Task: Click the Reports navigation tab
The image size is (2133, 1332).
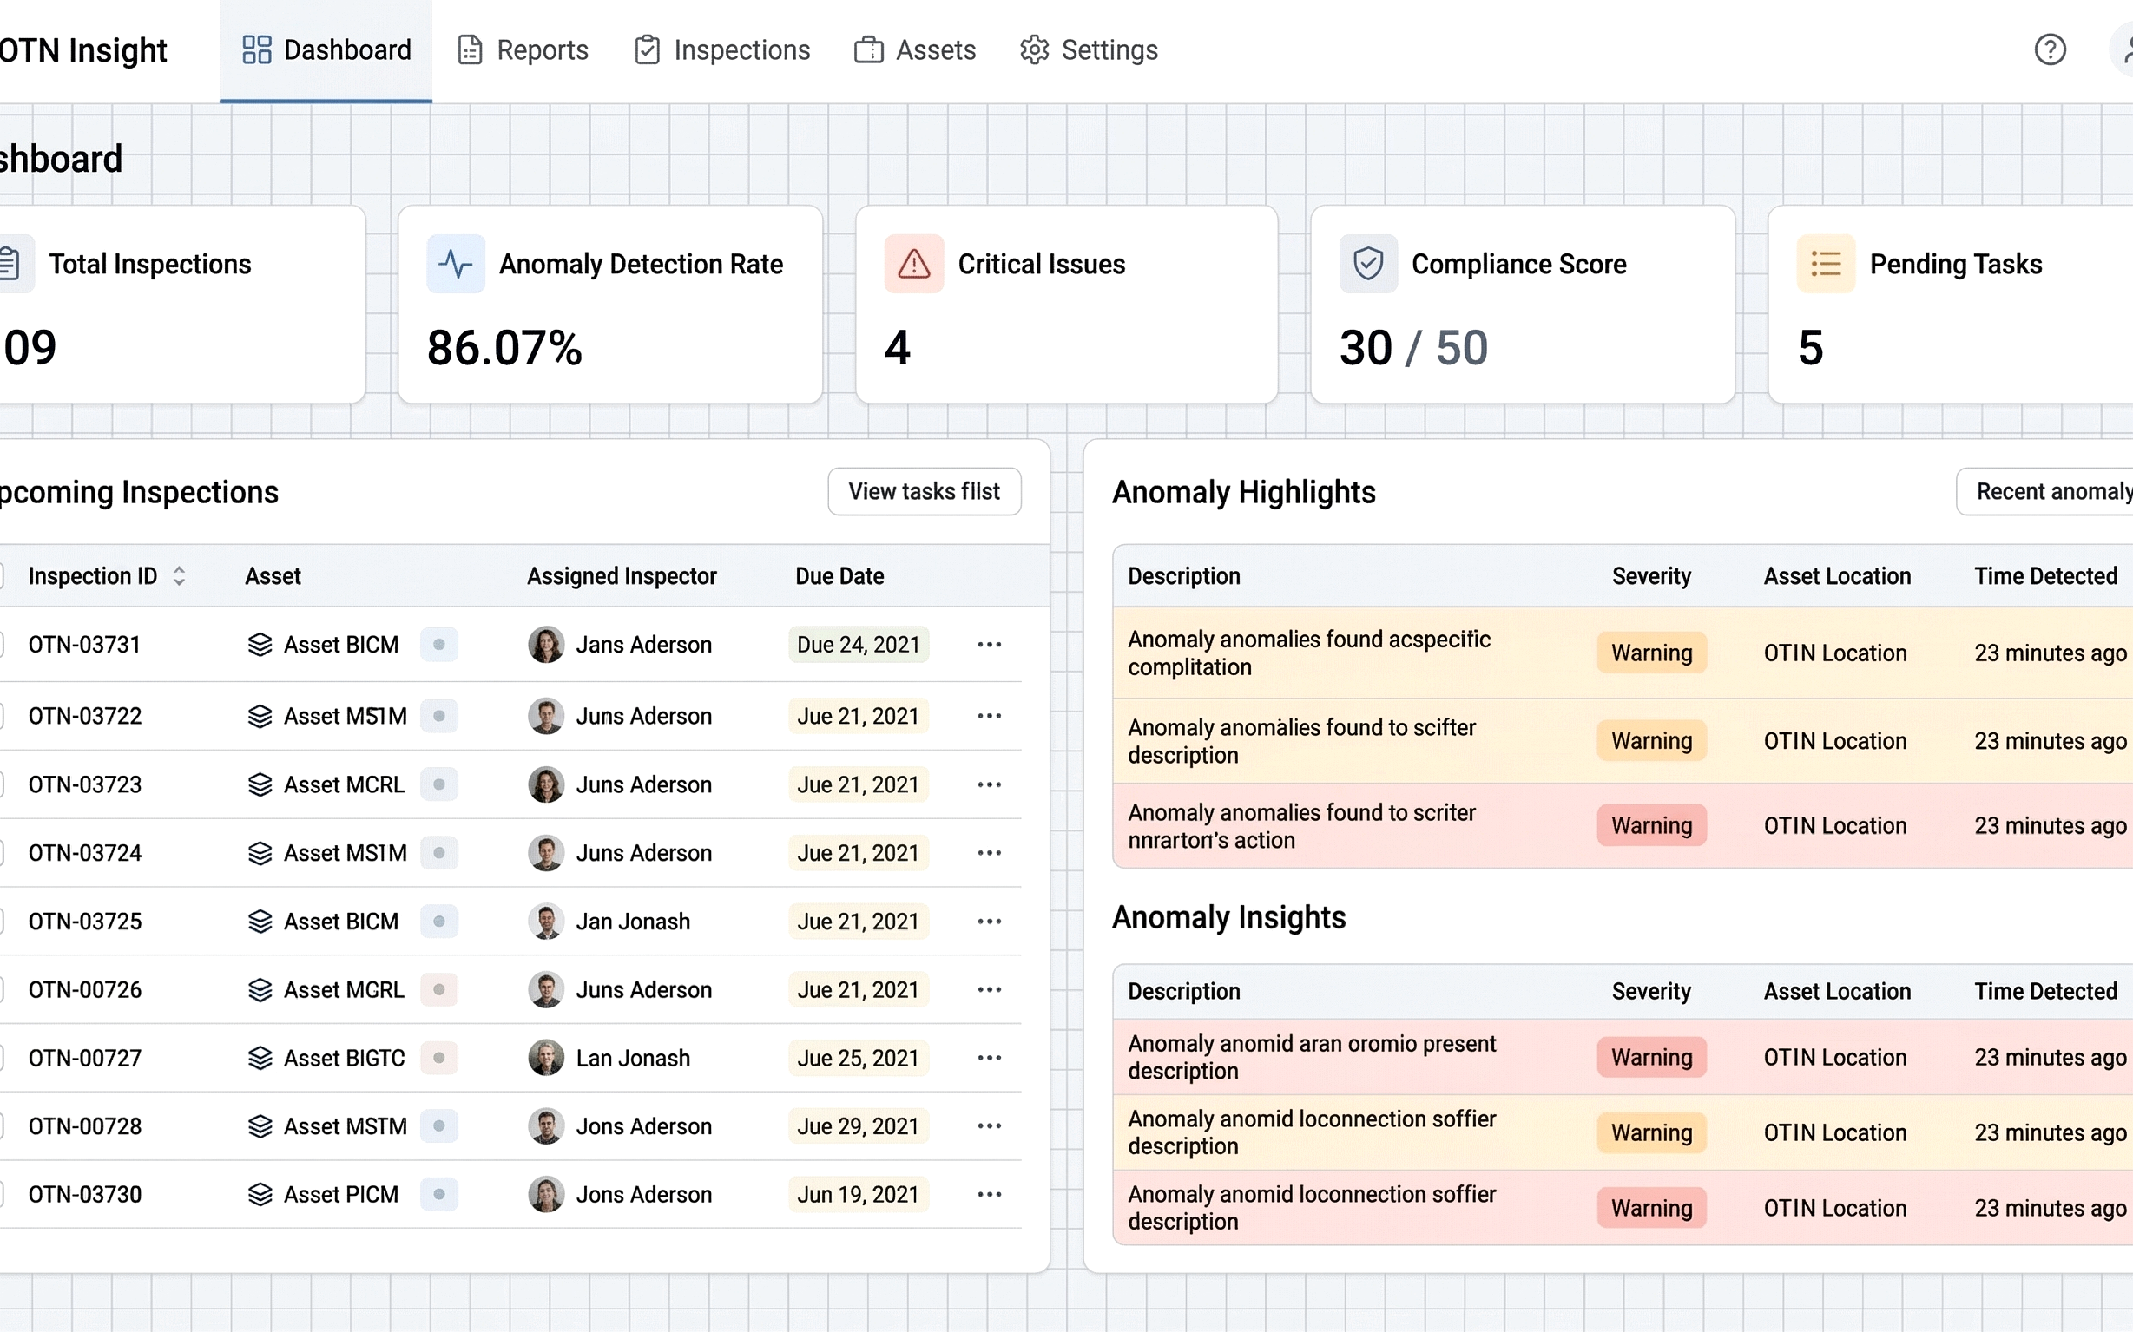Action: click(523, 50)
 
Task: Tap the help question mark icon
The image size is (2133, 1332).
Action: click(2050, 49)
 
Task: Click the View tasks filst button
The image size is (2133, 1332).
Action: click(924, 491)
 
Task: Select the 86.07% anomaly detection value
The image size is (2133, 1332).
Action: click(504, 348)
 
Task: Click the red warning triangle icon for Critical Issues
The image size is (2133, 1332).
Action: click(913, 264)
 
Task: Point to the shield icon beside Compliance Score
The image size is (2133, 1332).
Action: click(1368, 264)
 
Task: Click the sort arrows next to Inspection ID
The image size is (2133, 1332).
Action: click(179, 576)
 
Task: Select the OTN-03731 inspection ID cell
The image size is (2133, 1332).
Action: click(84, 645)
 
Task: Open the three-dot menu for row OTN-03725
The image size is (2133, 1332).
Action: click(989, 922)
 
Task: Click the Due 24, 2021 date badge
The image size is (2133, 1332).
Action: click(858, 645)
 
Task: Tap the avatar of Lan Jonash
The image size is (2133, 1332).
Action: click(545, 1058)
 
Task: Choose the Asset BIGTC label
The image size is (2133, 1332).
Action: click(344, 1058)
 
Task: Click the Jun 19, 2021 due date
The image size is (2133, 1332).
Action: click(858, 1195)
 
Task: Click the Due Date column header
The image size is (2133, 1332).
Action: click(839, 576)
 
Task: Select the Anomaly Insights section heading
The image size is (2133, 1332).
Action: click(1228, 918)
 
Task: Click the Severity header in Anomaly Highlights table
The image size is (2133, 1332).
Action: click(1651, 576)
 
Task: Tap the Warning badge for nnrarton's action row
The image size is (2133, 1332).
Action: click(1651, 826)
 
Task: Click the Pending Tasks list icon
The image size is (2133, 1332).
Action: click(1826, 264)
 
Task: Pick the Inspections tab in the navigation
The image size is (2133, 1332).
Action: click(723, 50)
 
